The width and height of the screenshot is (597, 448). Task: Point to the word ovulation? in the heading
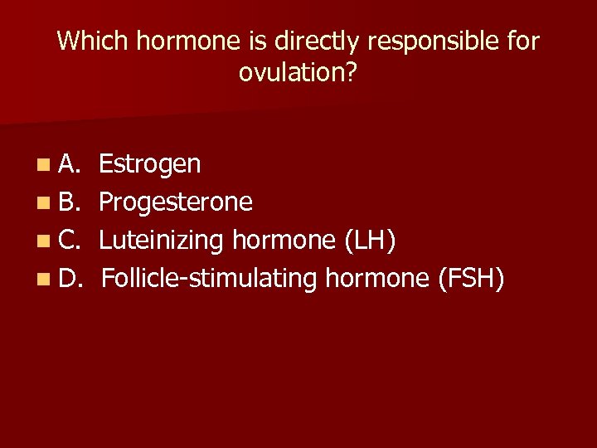298,73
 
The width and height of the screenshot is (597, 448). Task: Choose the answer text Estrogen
149,164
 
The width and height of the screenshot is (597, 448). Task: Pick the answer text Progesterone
176,202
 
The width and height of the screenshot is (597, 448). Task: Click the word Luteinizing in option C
163,241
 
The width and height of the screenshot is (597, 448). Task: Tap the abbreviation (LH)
367,241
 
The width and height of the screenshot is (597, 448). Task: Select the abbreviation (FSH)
470,280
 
